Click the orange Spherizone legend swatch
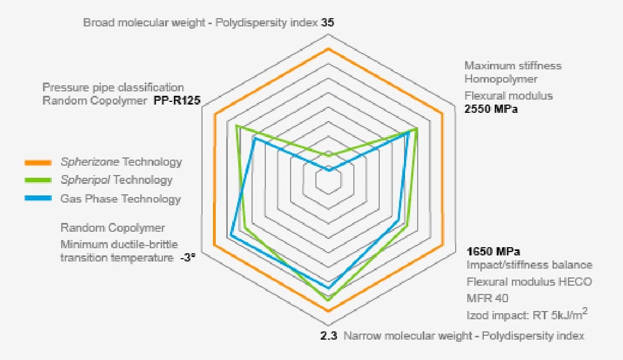coord(38,162)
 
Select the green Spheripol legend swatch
coord(38,181)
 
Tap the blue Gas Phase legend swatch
coord(38,199)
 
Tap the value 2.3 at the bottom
coord(329,335)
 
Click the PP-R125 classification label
coord(176,101)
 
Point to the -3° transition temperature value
coord(188,258)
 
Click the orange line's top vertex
coord(329,49)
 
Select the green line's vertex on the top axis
coord(329,156)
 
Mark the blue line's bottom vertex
coord(329,288)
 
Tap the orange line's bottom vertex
coord(329,311)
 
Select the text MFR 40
coord(487,298)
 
